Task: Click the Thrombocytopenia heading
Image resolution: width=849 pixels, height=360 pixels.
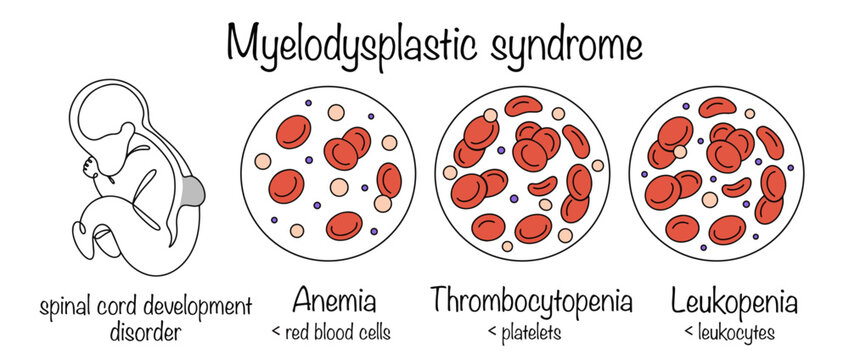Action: (531, 300)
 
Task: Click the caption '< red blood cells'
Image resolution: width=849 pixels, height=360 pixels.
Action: (330, 331)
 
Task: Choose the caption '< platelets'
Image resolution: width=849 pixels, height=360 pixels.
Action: (531, 331)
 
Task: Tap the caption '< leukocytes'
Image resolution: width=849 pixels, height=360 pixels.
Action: (726, 331)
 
